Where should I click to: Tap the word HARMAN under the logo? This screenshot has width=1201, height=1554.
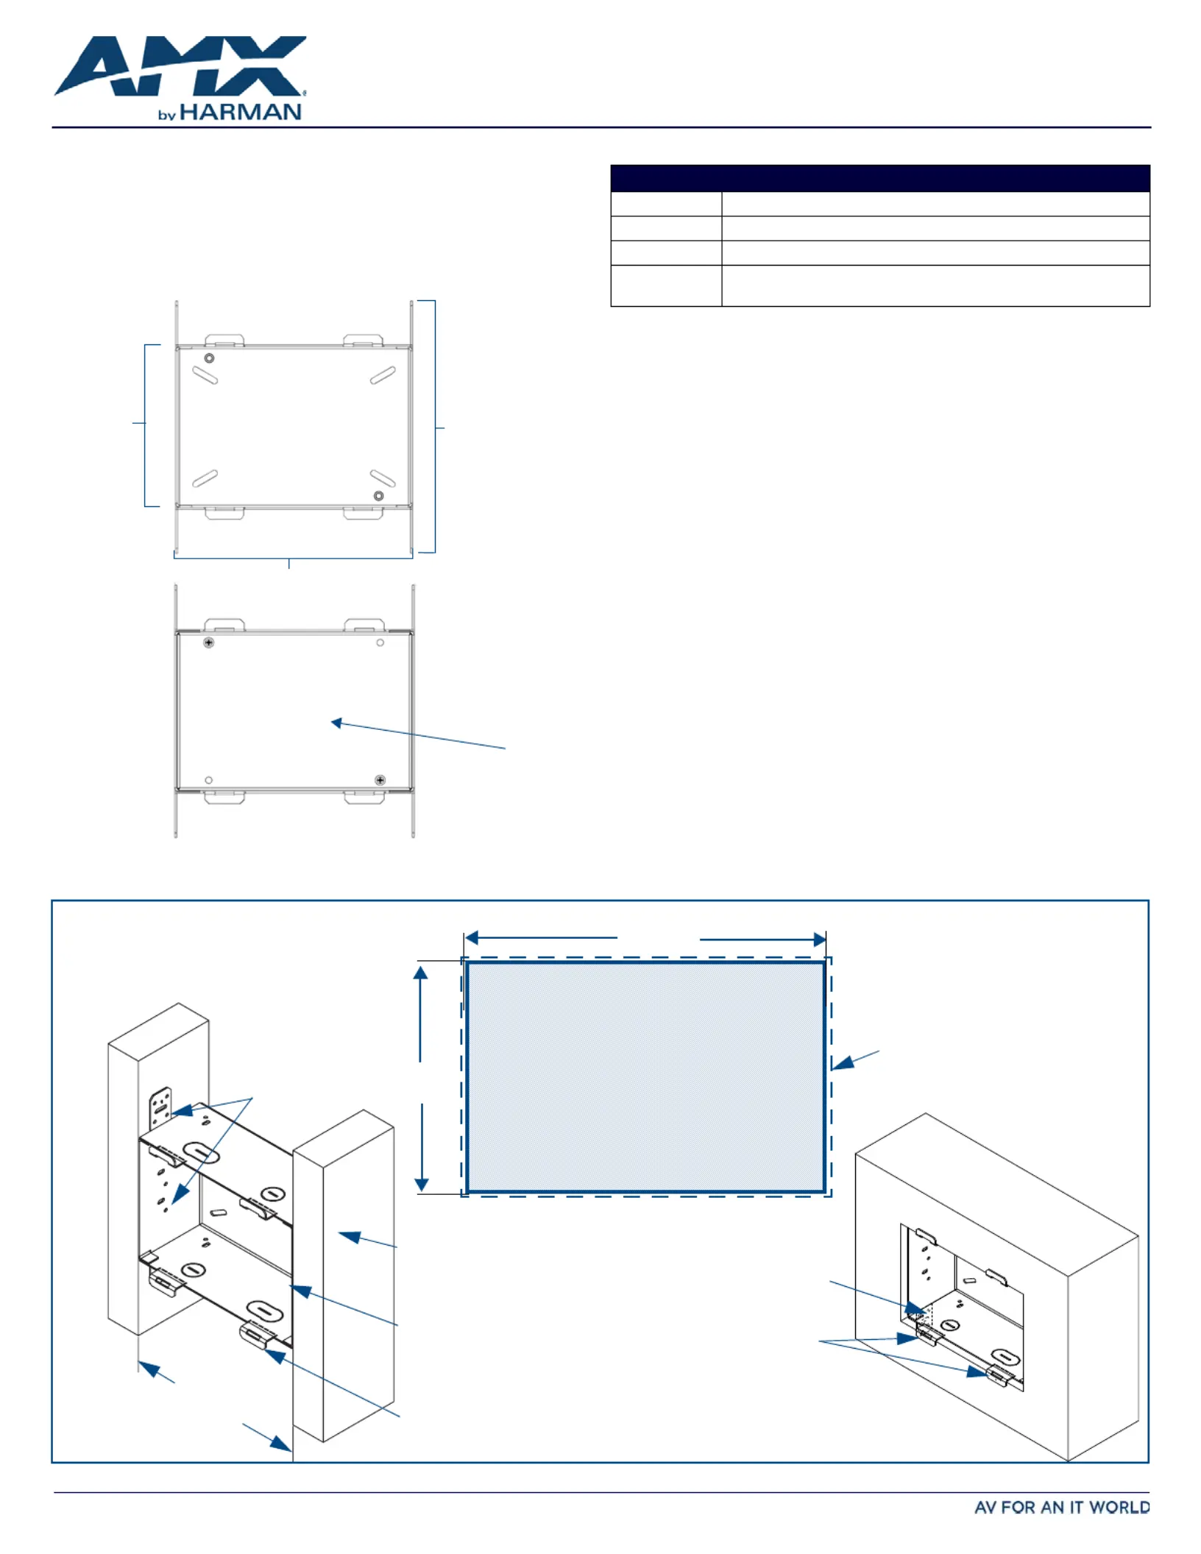[x=241, y=113]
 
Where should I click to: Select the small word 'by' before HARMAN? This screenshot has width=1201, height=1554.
[x=167, y=116]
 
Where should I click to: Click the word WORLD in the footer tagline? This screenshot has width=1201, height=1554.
[x=1119, y=1508]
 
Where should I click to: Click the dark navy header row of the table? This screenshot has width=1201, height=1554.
[x=879, y=179]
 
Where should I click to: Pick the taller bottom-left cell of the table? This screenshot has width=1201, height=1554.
[x=665, y=285]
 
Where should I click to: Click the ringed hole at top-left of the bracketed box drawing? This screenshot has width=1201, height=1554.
[x=210, y=358]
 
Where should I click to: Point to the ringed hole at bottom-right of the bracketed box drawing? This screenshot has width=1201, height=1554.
[x=378, y=496]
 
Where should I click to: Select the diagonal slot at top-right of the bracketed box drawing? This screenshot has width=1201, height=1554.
[x=383, y=376]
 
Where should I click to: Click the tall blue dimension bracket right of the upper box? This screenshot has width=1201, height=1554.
[x=435, y=427]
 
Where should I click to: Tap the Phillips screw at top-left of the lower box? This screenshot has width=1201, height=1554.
[x=209, y=642]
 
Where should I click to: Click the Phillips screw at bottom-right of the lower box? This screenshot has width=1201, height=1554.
[x=380, y=780]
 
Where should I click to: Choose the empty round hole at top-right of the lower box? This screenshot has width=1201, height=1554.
[x=380, y=642]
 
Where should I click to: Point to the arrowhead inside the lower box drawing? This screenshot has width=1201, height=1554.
[x=337, y=723]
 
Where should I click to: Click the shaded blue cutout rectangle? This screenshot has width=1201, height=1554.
[x=645, y=1076]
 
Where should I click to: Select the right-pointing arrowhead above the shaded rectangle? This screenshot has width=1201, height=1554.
[x=819, y=940]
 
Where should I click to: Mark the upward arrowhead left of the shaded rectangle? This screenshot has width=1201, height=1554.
[x=420, y=973]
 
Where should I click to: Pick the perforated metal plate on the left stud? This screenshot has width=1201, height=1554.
[x=160, y=1108]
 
